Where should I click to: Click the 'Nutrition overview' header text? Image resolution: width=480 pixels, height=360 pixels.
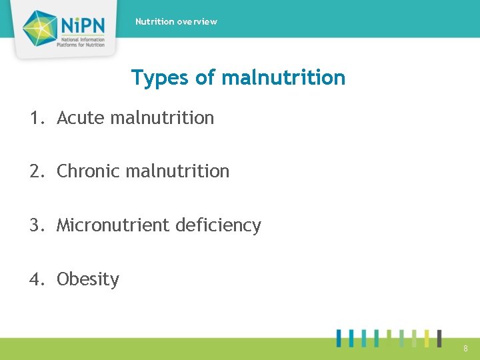(176, 21)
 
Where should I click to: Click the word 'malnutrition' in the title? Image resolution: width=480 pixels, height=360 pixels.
(283, 77)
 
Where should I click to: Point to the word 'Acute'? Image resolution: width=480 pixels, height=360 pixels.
(81, 118)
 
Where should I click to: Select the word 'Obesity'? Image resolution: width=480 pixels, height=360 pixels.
(88, 279)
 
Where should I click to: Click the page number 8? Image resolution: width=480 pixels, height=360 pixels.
(465, 348)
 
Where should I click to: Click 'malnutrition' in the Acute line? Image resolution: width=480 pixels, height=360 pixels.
(162, 118)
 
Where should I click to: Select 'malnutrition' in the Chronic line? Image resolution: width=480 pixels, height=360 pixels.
(177, 171)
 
